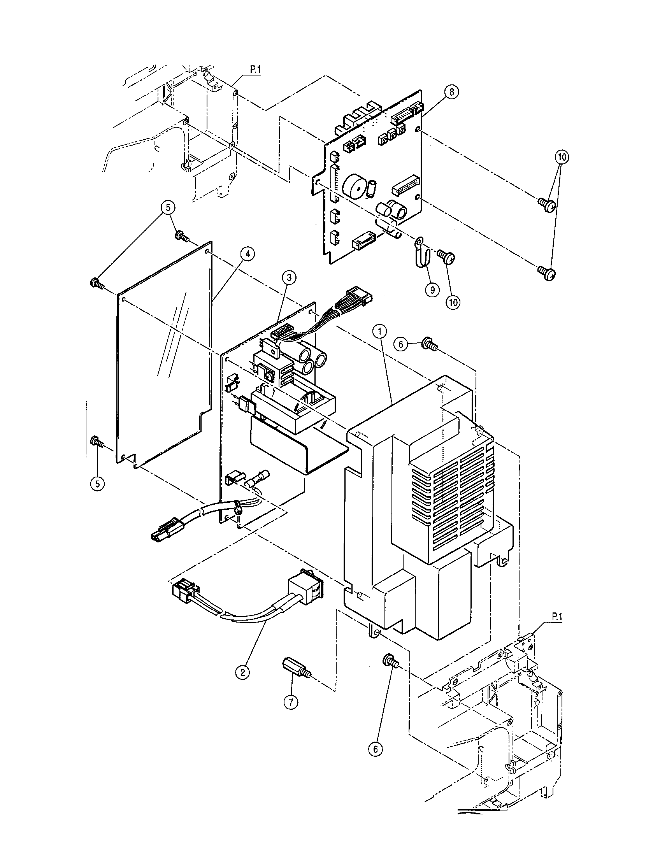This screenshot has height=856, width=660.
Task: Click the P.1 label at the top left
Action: coord(255,70)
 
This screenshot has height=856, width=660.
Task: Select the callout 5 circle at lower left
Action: coord(97,483)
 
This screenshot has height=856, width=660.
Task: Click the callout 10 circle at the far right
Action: coord(562,157)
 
